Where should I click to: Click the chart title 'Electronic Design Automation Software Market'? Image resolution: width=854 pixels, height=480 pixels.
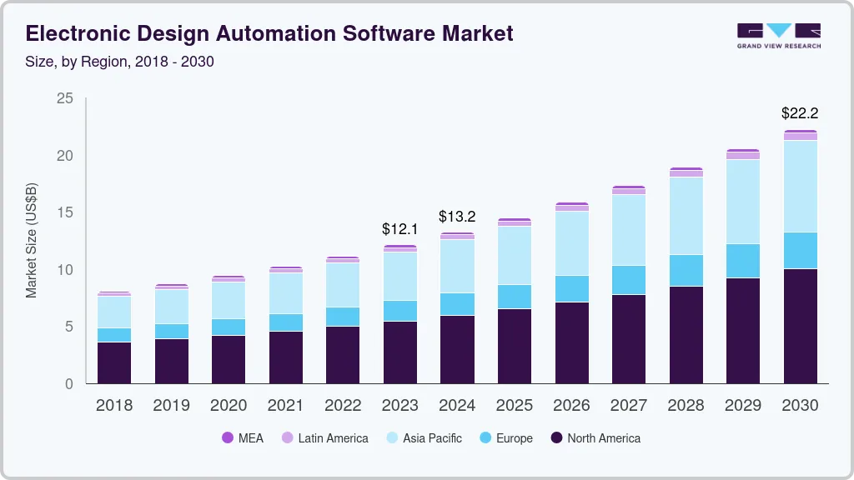269,33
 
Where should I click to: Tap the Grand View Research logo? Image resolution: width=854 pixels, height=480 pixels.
778,35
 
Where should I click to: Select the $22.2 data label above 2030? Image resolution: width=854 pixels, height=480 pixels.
800,112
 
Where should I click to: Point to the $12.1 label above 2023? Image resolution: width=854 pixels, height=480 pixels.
399,228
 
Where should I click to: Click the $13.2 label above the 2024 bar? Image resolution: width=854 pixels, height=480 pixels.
457,217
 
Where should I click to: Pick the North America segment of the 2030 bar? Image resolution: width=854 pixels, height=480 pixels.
800,326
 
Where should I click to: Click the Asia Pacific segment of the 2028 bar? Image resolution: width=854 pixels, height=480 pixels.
686,216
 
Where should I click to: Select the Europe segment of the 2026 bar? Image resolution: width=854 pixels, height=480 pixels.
571,288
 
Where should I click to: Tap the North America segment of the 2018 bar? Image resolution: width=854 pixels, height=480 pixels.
114,362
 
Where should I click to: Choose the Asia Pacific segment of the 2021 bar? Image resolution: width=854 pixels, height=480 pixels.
286,293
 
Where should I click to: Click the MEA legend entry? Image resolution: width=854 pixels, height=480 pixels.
242,437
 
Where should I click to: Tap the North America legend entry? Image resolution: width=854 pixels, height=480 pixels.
595,437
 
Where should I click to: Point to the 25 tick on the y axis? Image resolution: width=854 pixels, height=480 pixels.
65,99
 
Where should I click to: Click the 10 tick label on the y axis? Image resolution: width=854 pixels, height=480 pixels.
65,270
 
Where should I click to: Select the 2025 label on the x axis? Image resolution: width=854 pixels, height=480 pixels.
515,405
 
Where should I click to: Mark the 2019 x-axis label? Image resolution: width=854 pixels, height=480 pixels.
172,405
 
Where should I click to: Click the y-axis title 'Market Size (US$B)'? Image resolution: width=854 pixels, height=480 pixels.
32,241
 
